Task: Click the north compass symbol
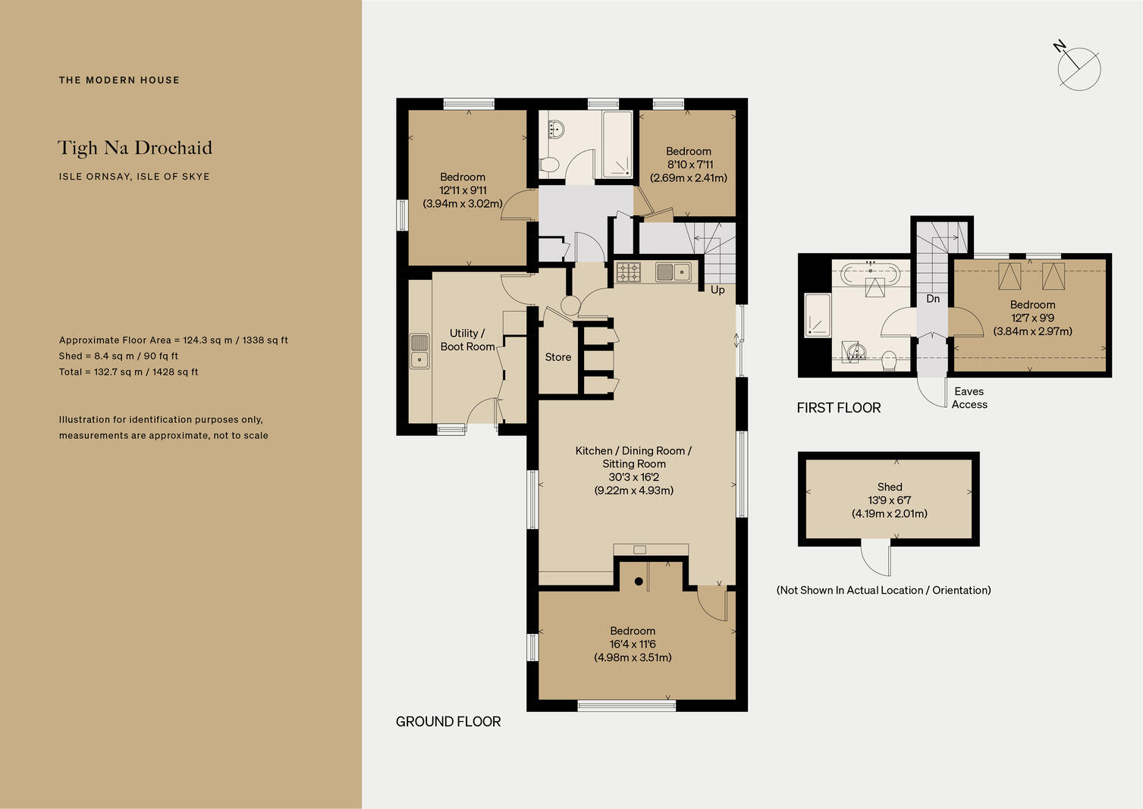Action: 1078,68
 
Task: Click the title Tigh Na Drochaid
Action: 135,148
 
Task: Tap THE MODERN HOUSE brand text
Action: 119,80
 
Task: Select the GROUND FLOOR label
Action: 448,722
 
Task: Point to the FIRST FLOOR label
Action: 838,408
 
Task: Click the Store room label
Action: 557,357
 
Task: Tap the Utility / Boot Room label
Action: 467,340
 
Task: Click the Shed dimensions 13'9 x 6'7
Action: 889,500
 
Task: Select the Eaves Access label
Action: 969,398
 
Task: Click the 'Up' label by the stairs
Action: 718,290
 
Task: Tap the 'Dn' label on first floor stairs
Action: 933,299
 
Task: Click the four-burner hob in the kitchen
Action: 629,271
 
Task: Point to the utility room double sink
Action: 419,351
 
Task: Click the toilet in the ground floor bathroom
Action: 549,163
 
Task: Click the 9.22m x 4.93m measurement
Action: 633,491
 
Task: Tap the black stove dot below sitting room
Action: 639,582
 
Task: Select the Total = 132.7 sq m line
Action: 128,372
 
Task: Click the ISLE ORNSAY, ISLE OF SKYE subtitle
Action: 134,177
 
